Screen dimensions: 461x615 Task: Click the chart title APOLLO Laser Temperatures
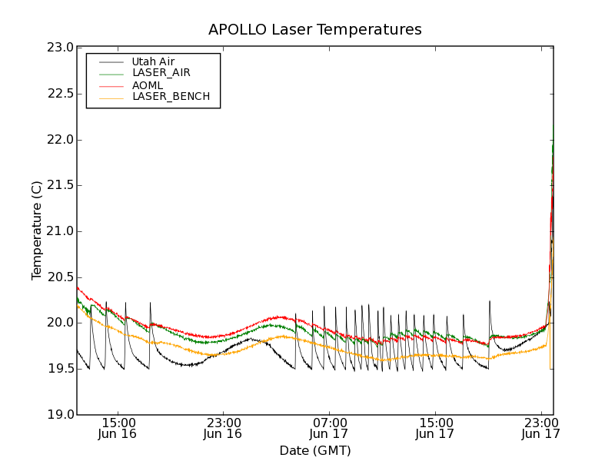[x=315, y=30]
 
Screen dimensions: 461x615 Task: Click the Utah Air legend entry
[x=153, y=61]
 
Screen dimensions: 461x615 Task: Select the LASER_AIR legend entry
[x=161, y=73]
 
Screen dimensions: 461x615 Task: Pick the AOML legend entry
[x=147, y=85]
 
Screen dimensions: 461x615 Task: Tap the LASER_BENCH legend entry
[x=171, y=97]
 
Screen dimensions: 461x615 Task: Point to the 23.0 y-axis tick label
[x=60, y=48]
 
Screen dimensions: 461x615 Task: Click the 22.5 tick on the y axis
[x=60, y=94]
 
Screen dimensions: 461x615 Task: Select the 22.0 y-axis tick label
[x=60, y=140]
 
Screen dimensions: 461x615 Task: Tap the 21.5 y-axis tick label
[x=60, y=185]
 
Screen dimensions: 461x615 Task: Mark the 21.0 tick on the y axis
[x=60, y=231]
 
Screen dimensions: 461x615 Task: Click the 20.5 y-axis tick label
[x=60, y=277]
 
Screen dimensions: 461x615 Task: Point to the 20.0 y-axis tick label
[x=60, y=323]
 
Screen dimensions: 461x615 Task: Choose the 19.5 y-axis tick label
[x=60, y=369]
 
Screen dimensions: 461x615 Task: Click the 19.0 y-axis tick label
[x=60, y=415]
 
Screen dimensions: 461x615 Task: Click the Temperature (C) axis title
[x=37, y=230]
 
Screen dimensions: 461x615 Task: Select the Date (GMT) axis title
[x=315, y=450]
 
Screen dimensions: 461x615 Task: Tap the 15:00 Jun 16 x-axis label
[x=118, y=428]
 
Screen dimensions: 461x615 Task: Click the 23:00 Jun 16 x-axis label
[x=223, y=428]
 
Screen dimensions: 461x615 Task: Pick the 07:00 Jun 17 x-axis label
[x=329, y=428]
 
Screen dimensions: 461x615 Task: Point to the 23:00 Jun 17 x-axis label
[x=540, y=428]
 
